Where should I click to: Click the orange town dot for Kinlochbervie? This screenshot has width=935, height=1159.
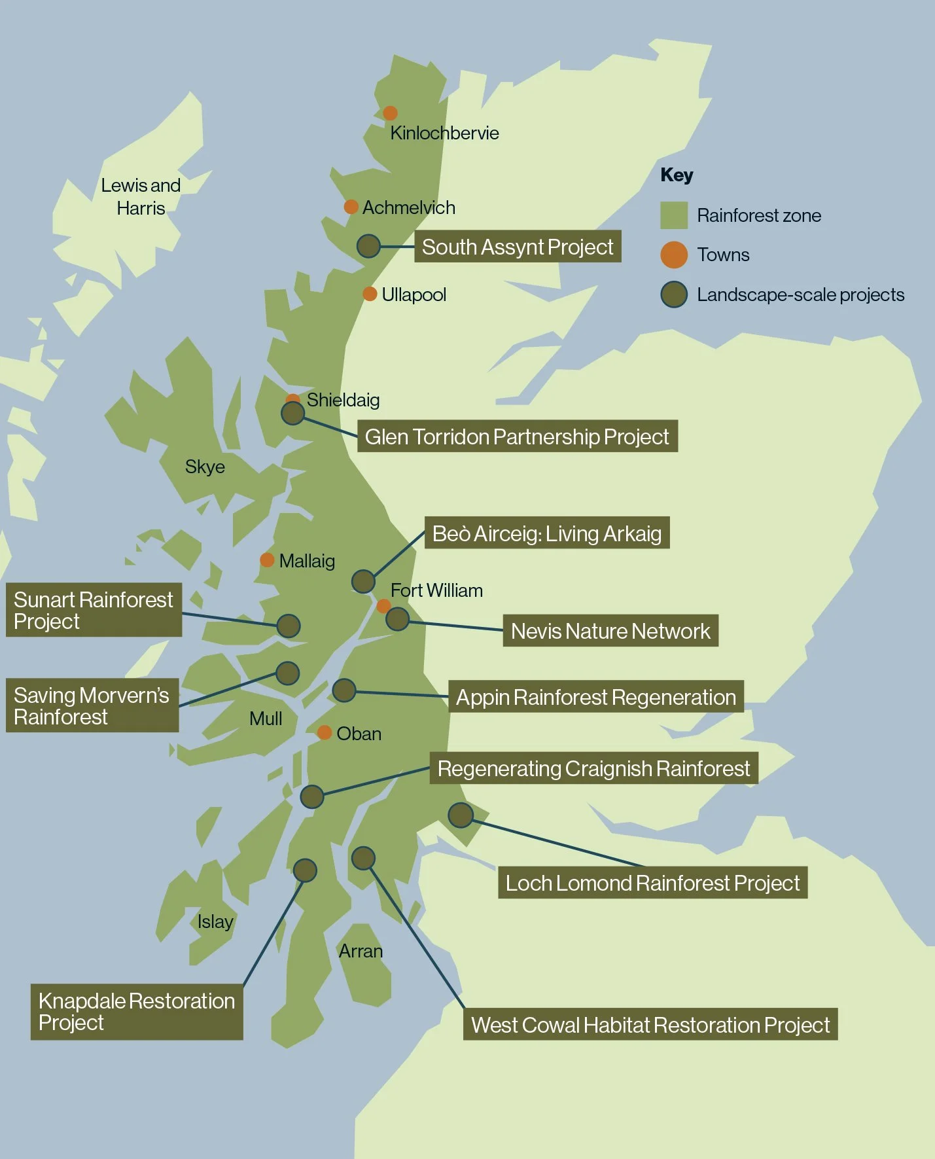390,113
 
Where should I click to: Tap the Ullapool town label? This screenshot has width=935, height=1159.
414,294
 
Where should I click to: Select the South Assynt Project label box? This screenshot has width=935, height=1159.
517,247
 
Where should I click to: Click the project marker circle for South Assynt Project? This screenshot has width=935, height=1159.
368,246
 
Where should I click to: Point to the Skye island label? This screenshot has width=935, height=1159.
205,467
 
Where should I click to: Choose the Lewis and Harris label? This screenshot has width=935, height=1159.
141,196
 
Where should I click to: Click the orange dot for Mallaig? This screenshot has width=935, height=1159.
267,560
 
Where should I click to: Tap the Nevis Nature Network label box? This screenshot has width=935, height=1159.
610,631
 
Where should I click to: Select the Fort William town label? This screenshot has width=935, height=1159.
436,590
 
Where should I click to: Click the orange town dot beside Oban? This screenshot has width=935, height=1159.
324,732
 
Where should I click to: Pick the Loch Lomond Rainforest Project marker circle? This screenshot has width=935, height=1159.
461,815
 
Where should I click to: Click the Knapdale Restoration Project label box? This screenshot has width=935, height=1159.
137,1011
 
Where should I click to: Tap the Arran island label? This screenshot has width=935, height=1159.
361,951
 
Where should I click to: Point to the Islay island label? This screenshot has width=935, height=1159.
215,921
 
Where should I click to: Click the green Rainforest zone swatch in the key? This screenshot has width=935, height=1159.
673,215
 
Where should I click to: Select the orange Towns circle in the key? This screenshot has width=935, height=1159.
673,255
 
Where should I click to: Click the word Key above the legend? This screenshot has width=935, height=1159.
677,175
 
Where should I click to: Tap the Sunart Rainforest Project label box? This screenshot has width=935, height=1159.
94,610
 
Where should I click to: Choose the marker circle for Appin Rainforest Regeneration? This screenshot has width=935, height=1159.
344,690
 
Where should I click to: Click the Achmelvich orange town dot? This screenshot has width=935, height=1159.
351,207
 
